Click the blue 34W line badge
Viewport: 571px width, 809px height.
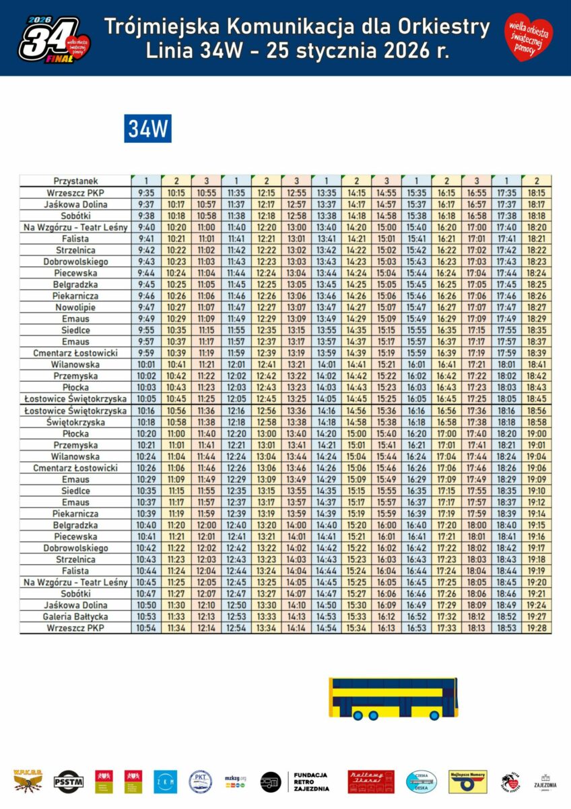[147, 128]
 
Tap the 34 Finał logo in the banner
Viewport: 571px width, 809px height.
[54, 38]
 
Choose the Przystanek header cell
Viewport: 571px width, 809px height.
[75, 181]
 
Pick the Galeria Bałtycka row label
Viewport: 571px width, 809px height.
[75, 617]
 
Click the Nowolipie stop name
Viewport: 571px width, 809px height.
[75, 307]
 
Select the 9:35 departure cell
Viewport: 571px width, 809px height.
[146, 192]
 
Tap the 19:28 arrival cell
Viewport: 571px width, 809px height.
[537, 628]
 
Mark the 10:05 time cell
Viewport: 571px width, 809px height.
[146, 398]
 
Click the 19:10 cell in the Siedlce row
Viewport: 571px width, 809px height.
[537, 491]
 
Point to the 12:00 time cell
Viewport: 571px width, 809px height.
[206, 525]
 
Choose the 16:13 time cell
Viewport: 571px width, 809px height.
[387, 628]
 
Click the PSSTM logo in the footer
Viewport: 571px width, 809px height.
[68, 781]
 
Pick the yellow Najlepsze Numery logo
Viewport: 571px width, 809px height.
[467, 781]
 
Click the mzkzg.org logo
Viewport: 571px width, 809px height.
[236, 781]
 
